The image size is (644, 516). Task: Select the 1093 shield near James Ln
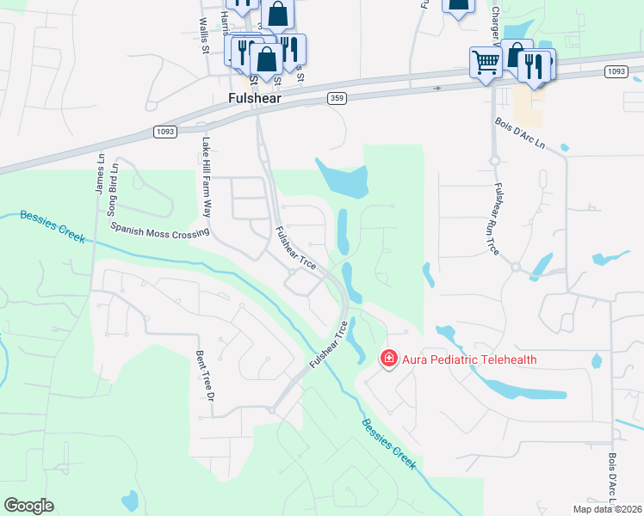(x=165, y=131)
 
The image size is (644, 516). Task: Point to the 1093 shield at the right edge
(x=615, y=71)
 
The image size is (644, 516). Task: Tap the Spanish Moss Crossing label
(x=160, y=230)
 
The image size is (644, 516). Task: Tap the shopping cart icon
(x=485, y=62)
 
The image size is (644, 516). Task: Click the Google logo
(x=28, y=506)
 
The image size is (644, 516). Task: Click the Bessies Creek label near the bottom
(x=388, y=444)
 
